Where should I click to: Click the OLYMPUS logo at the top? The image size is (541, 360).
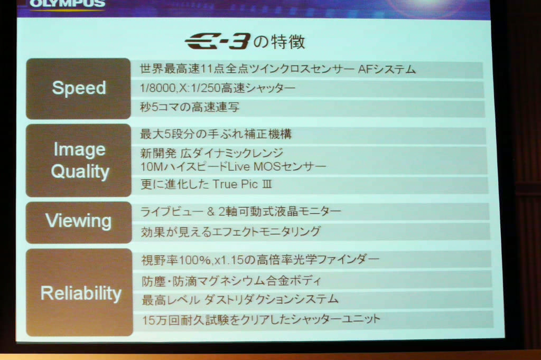[x=67, y=4]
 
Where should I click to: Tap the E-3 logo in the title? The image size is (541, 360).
[x=217, y=41]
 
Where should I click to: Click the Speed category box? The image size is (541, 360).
[x=78, y=89]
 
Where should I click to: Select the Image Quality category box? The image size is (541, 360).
[x=79, y=160]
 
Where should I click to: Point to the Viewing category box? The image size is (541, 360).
[x=79, y=222]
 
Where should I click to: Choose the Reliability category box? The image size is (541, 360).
[x=80, y=292]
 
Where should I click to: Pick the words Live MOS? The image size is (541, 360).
[x=254, y=167]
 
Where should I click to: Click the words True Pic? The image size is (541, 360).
[x=235, y=184]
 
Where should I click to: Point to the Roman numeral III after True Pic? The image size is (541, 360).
[x=267, y=184]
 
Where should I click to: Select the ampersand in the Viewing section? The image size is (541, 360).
[x=211, y=211]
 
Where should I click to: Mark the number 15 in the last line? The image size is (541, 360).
[x=148, y=320]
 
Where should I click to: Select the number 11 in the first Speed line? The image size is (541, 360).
[x=207, y=69]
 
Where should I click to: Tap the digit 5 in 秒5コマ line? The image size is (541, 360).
[x=155, y=107]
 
